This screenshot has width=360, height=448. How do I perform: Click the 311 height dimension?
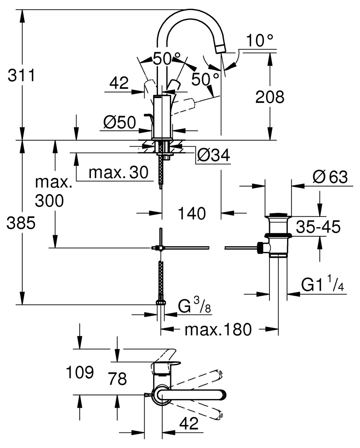(x=21, y=75)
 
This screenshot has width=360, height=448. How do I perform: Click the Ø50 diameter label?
(x=120, y=122)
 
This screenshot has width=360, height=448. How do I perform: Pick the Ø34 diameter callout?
(x=214, y=156)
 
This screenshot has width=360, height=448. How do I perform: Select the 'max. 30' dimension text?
(x=118, y=173)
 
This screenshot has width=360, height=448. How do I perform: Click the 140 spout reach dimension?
(x=192, y=214)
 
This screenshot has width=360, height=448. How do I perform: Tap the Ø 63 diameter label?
(x=330, y=177)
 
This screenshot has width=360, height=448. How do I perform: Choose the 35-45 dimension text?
(x=318, y=227)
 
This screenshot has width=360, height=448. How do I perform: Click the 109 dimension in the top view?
(x=80, y=373)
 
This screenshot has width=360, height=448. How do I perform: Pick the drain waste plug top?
(x=278, y=216)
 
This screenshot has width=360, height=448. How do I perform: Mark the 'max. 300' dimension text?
(x=49, y=192)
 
